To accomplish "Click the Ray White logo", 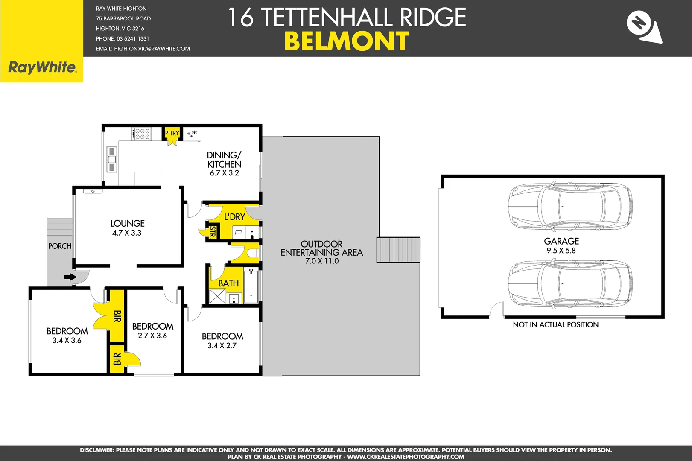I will coord(42,67).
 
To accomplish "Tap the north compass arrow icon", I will coord(644,27).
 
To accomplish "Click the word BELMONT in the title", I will coord(346,41).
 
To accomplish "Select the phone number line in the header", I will coord(123,39).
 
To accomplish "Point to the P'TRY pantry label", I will coord(172,133).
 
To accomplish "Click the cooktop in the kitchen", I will coord(142,134).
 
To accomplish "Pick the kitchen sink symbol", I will coord(112,159).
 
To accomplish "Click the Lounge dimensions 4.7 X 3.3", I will coord(127,233).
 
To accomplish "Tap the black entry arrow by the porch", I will coord(70,277).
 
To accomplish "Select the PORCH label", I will coord(60,246).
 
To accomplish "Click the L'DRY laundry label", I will coord(234,217).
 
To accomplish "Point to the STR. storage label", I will coord(212,232).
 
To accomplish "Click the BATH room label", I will coord(228,283).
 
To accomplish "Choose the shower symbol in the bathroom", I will coord(217,296).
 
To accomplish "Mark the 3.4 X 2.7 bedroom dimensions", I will coord(222,346).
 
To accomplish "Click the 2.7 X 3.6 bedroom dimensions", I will coord(152,336).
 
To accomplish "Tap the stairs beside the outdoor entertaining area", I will coord(398,250).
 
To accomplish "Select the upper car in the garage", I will coord(569,205).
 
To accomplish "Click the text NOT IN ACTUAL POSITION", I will coord(555,325).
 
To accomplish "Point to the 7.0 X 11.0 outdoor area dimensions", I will coord(322,261).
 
